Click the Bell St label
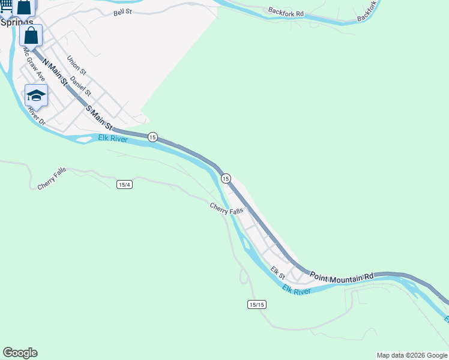pyautogui.click(x=122, y=13)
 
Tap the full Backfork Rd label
pyautogui.click(x=286, y=11)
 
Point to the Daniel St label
pyautogui.click(x=80, y=86)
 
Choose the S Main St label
pyautogui.click(x=99, y=118)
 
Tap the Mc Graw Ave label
pyautogui.click(x=34, y=65)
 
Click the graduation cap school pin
pyautogui.click(x=36, y=95)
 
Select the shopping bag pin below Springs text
pyautogui.click(x=31, y=35)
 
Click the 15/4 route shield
pyautogui.click(x=124, y=185)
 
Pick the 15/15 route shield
pyautogui.click(x=256, y=305)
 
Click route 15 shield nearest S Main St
pyautogui.click(x=153, y=137)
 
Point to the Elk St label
pyautogui.click(x=277, y=272)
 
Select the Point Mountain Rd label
pyautogui.click(x=342, y=275)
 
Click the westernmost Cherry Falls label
pyautogui.click(x=52, y=179)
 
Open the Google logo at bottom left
pyautogui.click(x=20, y=353)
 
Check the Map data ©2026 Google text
pyautogui.click(x=412, y=355)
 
